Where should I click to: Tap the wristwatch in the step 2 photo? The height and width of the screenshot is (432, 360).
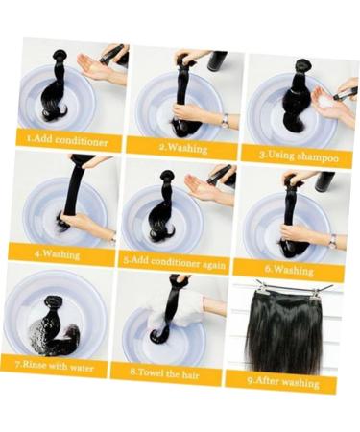click(225, 119)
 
